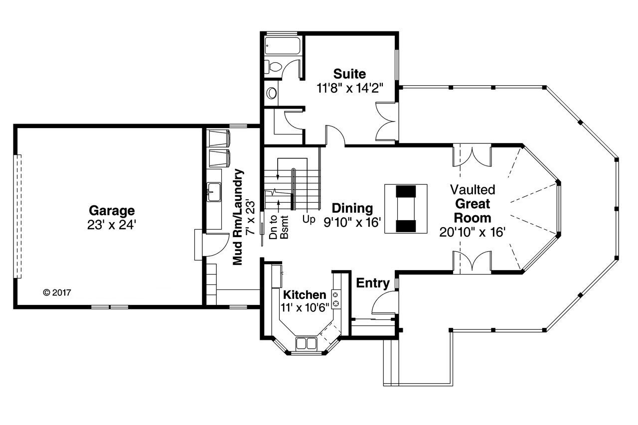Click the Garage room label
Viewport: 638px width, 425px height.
[x=112, y=210]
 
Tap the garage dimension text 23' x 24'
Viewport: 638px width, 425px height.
[x=112, y=225]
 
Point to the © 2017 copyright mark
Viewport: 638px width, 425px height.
[x=57, y=292]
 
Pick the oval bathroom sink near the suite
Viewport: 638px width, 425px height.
[x=272, y=93]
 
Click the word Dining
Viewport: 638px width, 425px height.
[x=352, y=208]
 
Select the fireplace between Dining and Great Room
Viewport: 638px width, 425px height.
[x=406, y=208]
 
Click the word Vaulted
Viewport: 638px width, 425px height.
[x=473, y=190]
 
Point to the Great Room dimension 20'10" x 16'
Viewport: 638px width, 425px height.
[x=473, y=232]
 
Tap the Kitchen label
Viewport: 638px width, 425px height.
[x=305, y=295]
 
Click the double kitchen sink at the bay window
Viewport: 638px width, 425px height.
[x=306, y=343]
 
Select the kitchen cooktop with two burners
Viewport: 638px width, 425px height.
[x=336, y=298]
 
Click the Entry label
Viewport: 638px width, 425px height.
[x=373, y=283]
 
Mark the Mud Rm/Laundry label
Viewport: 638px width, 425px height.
[x=240, y=217]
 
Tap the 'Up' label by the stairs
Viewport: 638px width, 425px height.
[x=309, y=219]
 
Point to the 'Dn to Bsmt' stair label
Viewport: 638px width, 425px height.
[x=279, y=227]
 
